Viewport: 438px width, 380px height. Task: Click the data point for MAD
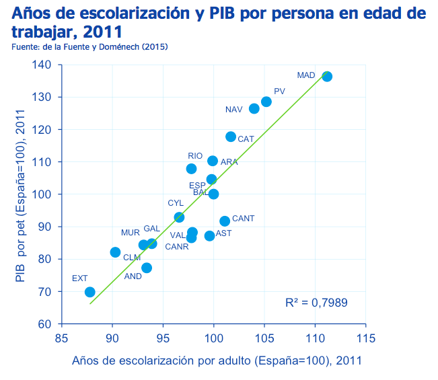coord(327,76)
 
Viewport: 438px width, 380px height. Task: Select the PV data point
coord(266,102)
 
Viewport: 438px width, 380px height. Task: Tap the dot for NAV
coord(254,108)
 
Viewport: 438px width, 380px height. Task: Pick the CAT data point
coord(231,137)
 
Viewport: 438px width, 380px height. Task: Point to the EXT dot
coord(89,292)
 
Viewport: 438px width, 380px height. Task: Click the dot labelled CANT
coord(225,221)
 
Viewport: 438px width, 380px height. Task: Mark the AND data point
coord(147,268)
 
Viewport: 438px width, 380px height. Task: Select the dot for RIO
coord(191,169)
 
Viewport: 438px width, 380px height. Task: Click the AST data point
coord(209,236)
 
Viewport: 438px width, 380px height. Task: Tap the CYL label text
coord(176,203)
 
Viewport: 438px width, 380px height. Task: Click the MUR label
coord(130,233)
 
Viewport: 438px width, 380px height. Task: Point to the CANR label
coord(177,247)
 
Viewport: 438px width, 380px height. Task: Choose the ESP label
coord(197,186)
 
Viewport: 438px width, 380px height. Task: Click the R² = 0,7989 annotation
coord(316,303)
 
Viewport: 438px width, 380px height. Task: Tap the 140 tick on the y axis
coord(41,65)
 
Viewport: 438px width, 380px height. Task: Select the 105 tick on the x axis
coord(264,338)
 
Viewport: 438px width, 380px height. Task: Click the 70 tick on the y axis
coord(44,292)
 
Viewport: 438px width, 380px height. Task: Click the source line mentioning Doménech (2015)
coord(89,46)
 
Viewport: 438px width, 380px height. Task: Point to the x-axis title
coord(217,360)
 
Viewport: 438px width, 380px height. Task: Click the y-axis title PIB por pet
coord(20,196)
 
